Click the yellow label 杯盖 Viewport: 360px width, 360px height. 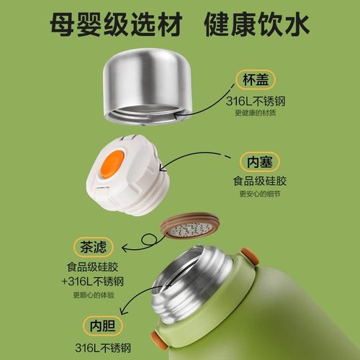[x=257, y=80]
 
